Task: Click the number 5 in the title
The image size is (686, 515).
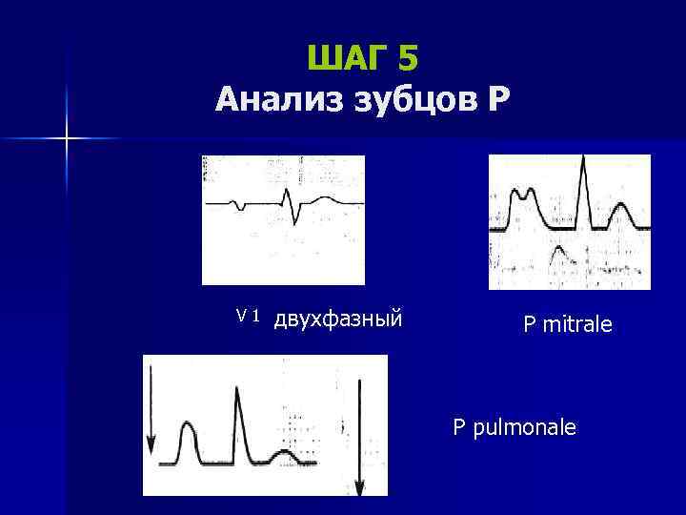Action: (x=408, y=59)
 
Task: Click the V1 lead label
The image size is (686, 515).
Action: (x=249, y=315)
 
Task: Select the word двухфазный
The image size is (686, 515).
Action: (x=338, y=317)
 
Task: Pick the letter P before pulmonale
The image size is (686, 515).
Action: (x=459, y=427)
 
